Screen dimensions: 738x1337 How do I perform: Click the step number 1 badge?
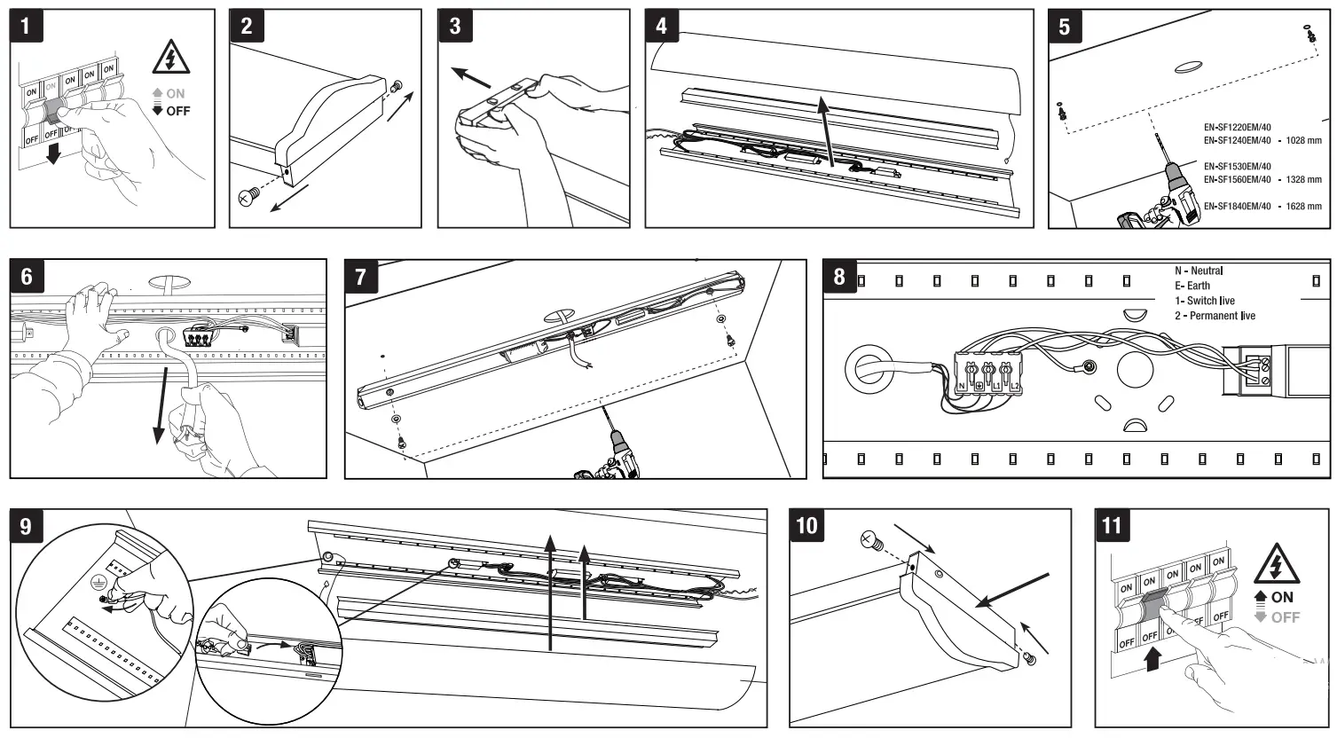click(26, 26)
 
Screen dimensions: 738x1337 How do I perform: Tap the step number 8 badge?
click(839, 276)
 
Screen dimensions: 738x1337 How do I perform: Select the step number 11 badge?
click(1112, 525)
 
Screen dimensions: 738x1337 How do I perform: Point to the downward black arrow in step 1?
click(53, 154)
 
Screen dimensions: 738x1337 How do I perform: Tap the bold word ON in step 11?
click(1282, 598)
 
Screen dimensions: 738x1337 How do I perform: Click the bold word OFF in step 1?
click(177, 111)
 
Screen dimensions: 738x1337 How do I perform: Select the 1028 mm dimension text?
click(1303, 140)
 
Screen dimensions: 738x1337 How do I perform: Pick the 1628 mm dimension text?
click(1303, 207)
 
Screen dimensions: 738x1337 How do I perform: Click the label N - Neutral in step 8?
click(1199, 271)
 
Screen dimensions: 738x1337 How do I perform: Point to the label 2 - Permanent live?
click(1215, 316)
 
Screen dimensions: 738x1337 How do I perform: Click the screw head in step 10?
click(869, 538)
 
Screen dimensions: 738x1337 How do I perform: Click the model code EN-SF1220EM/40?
click(1237, 128)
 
